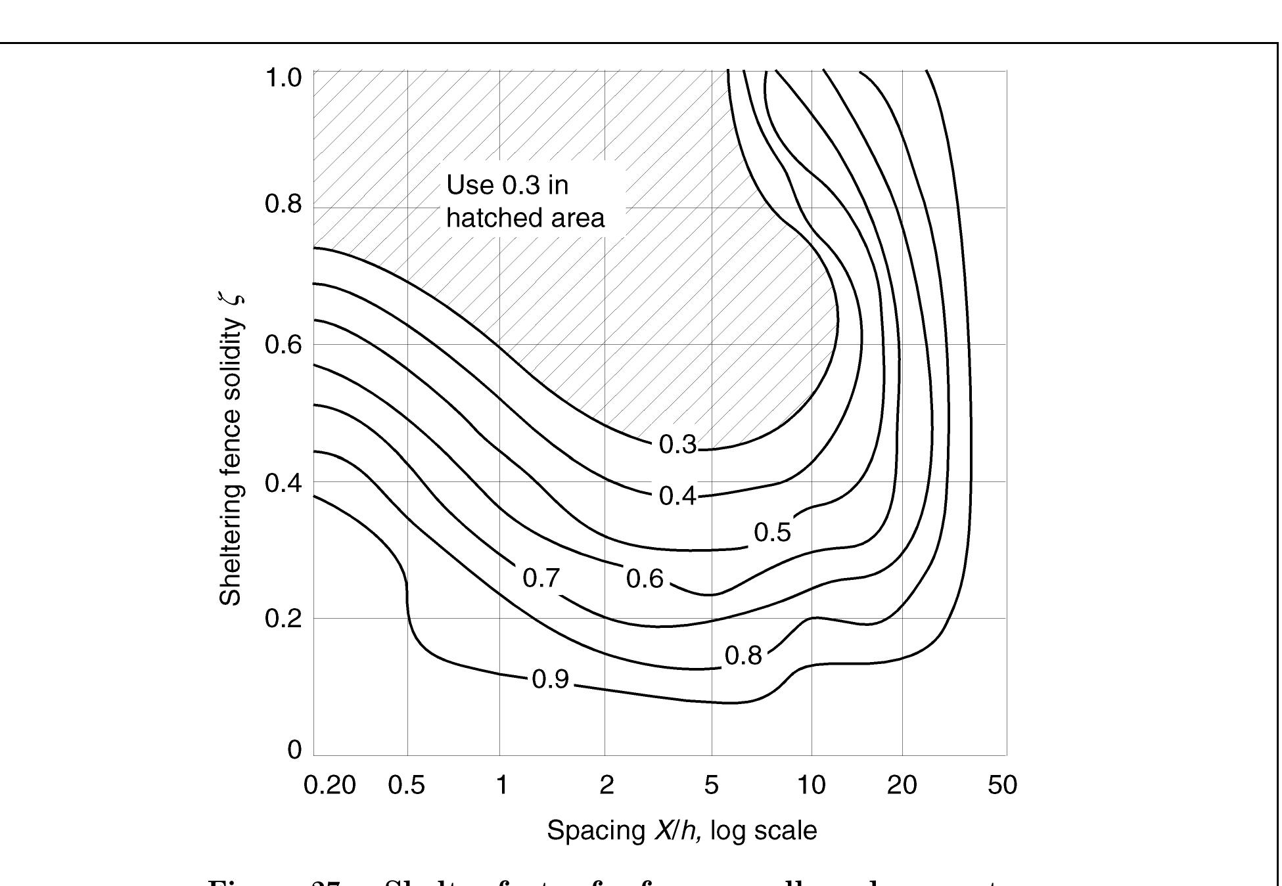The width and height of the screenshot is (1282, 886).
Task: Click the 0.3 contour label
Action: click(x=677, y=445)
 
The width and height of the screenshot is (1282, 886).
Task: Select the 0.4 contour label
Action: click(x=677, y=497)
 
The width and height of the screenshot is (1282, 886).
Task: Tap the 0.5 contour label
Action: click(x=772, y=533)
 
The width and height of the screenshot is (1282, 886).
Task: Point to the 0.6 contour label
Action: click(x=645, y=579)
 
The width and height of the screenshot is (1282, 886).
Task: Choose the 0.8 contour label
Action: click(x=743, y=655)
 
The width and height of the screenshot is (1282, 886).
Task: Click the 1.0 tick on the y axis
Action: click(x=283, y=78)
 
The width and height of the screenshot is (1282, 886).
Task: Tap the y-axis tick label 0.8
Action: click(x=283, y=204)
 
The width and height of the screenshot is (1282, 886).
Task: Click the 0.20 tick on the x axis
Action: click(x=330, y=785)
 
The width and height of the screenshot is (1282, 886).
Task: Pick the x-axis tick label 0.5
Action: click(x=407, y=785)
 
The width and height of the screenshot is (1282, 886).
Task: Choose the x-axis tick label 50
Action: click(x=1002, y=785)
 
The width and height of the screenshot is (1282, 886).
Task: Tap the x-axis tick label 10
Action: click(x=812, y=785)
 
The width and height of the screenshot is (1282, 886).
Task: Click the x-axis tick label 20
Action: click(x=902, y=785)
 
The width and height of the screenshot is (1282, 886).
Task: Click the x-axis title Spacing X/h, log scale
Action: click(x=681, y=831)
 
